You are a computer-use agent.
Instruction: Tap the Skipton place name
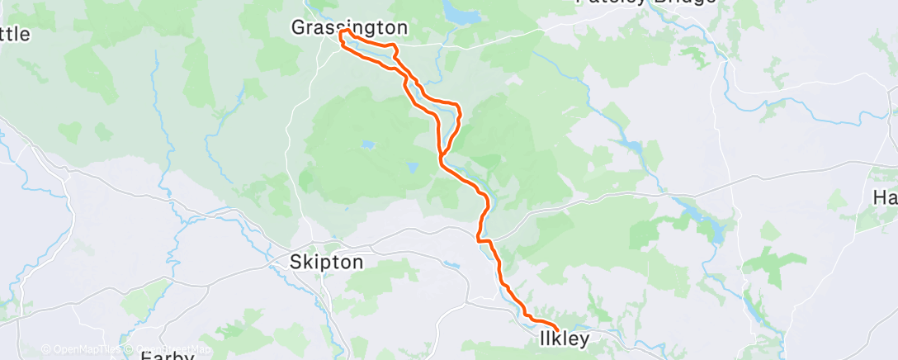click(326, 263)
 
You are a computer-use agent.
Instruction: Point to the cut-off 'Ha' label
click(885, 198)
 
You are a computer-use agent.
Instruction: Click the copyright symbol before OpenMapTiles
click(45, 349)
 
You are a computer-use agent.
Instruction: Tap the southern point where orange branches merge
click(442, 156)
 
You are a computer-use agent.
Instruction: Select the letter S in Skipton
click(295, 263)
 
